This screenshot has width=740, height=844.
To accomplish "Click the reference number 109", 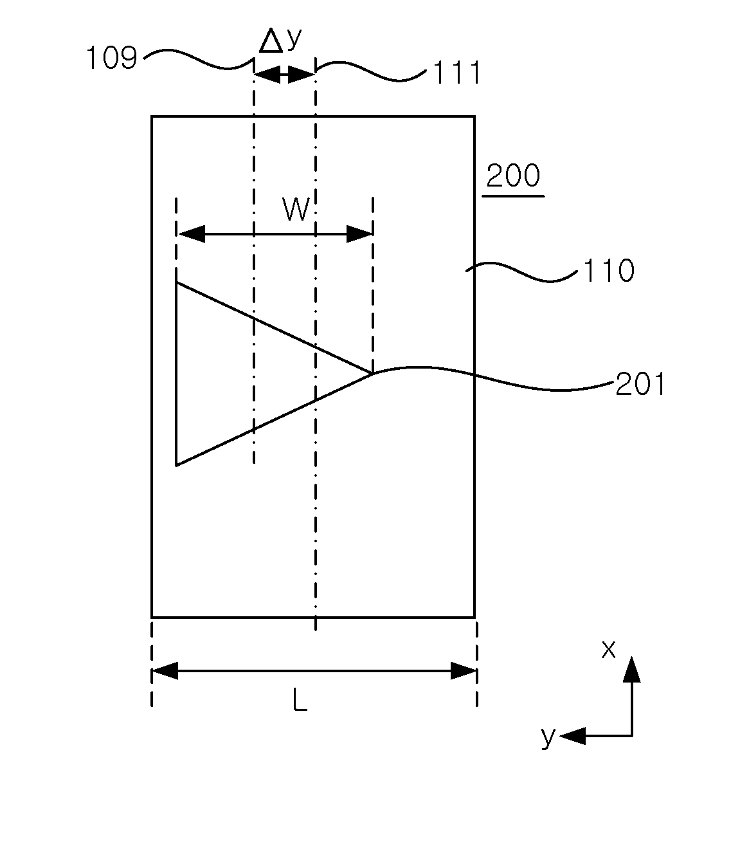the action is [x=112, y=58].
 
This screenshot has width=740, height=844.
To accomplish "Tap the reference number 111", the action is [x=457, y=73].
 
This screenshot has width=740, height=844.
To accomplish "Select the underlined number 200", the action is [x=513, y=176].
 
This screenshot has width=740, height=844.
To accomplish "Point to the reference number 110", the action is [x=609, y=271].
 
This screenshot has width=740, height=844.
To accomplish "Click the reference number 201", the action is [x=640, y=383].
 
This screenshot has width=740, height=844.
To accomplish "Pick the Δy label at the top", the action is [x=280, y=41].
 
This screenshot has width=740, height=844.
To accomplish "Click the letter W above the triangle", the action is [x=296, y=208].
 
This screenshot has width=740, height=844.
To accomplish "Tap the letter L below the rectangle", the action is [x=300, y=700].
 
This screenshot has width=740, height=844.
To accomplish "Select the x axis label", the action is [x=608, y=649].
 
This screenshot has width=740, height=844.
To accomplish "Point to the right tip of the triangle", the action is [x=372, y=373].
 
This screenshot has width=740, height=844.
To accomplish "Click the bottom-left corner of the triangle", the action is [x=177, y=465].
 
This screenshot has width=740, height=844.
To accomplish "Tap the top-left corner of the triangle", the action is [x=177, y=283].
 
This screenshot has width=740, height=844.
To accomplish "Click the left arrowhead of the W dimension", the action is [x=191, y=234].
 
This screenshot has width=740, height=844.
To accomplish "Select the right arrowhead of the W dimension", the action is [x=359, y=234].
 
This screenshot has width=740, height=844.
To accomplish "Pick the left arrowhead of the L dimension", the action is [x=165, y=671].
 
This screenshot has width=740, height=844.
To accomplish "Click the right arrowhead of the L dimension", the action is [x=464, y=671].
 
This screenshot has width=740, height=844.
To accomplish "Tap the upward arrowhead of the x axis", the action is [x=632, y=670].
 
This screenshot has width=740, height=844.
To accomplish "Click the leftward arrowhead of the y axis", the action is [x=573, y=736].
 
